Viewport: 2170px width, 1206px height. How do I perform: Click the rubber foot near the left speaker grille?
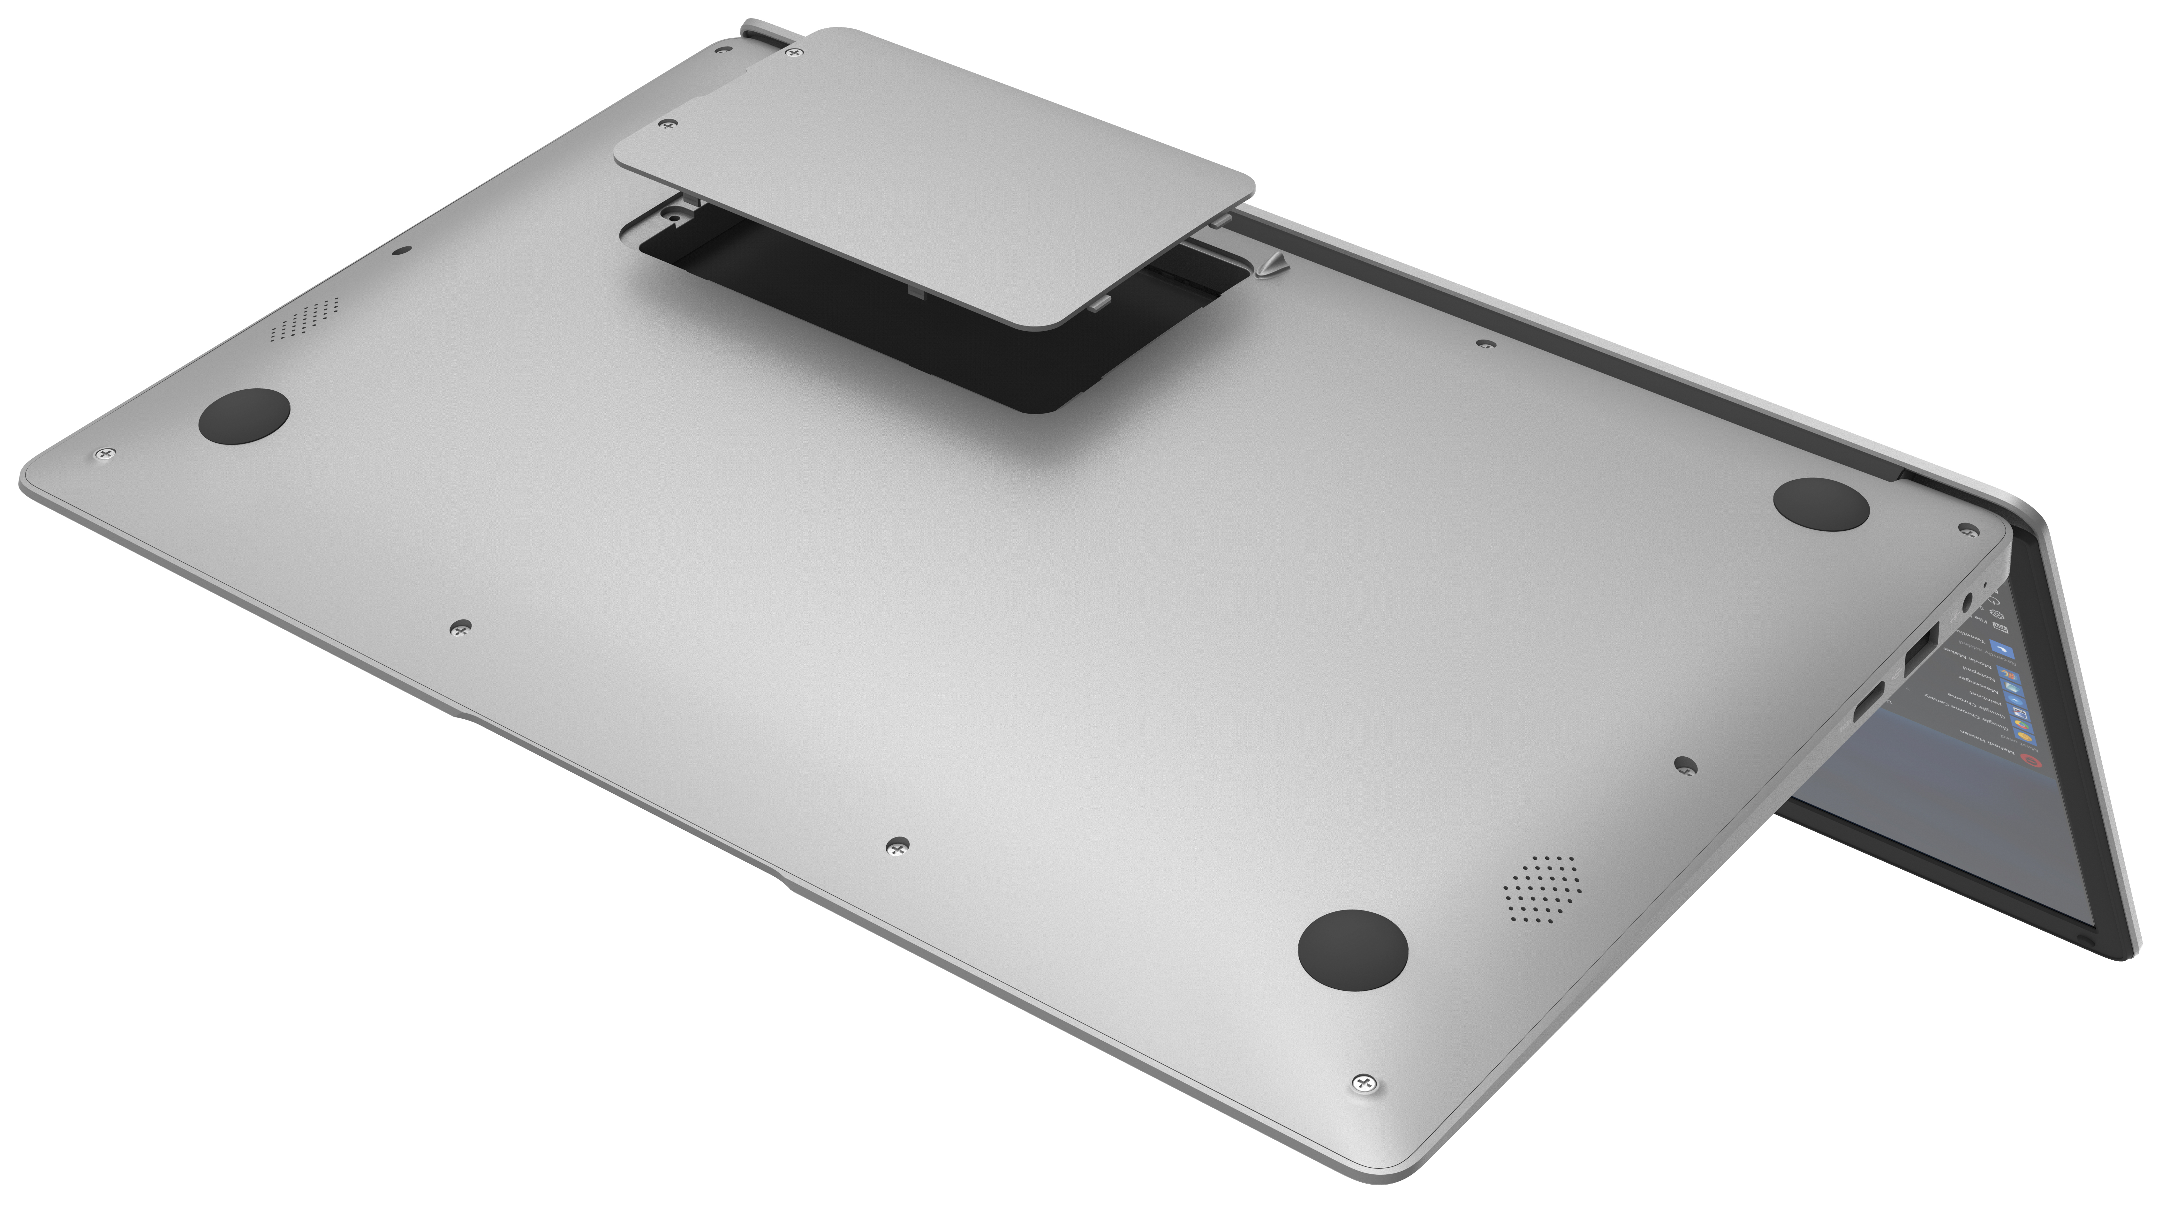click(x=244, y=416)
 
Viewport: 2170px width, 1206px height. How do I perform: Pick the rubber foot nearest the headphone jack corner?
click(x=1821, y=504)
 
